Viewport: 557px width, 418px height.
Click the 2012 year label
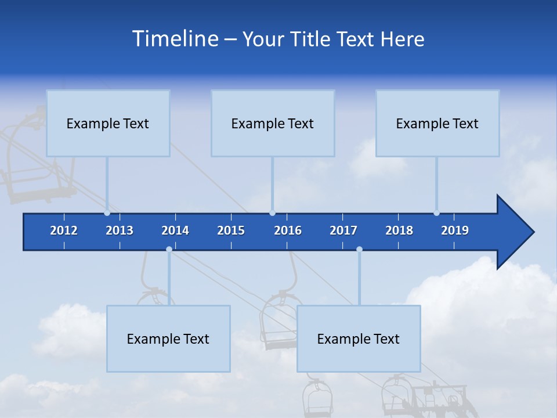point(64,230)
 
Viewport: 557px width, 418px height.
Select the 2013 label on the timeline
point(120,230)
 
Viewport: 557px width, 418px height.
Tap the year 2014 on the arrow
point(175,230)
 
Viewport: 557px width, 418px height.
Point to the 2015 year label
point(231,230)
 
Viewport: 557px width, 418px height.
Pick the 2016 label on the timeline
point(288,230)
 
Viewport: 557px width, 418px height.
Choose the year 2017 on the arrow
point(343,230)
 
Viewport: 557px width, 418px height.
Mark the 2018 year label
point(399,230)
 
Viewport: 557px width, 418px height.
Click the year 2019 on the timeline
point(455,230)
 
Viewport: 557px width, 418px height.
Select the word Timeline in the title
point(175,39)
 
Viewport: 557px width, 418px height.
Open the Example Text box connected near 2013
point(108,123)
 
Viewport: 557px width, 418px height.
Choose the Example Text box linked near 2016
point(273,123)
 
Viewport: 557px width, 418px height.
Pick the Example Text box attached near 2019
point(437,123)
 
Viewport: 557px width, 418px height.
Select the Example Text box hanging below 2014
point(168,338)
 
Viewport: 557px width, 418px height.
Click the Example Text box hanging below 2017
point(359,338)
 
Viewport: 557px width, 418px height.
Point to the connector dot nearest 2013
point(107,213)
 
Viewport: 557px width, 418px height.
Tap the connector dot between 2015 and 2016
point(273,213)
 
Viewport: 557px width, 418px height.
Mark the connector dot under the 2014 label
point(169,249)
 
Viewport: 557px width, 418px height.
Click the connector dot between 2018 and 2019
point(436,213)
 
